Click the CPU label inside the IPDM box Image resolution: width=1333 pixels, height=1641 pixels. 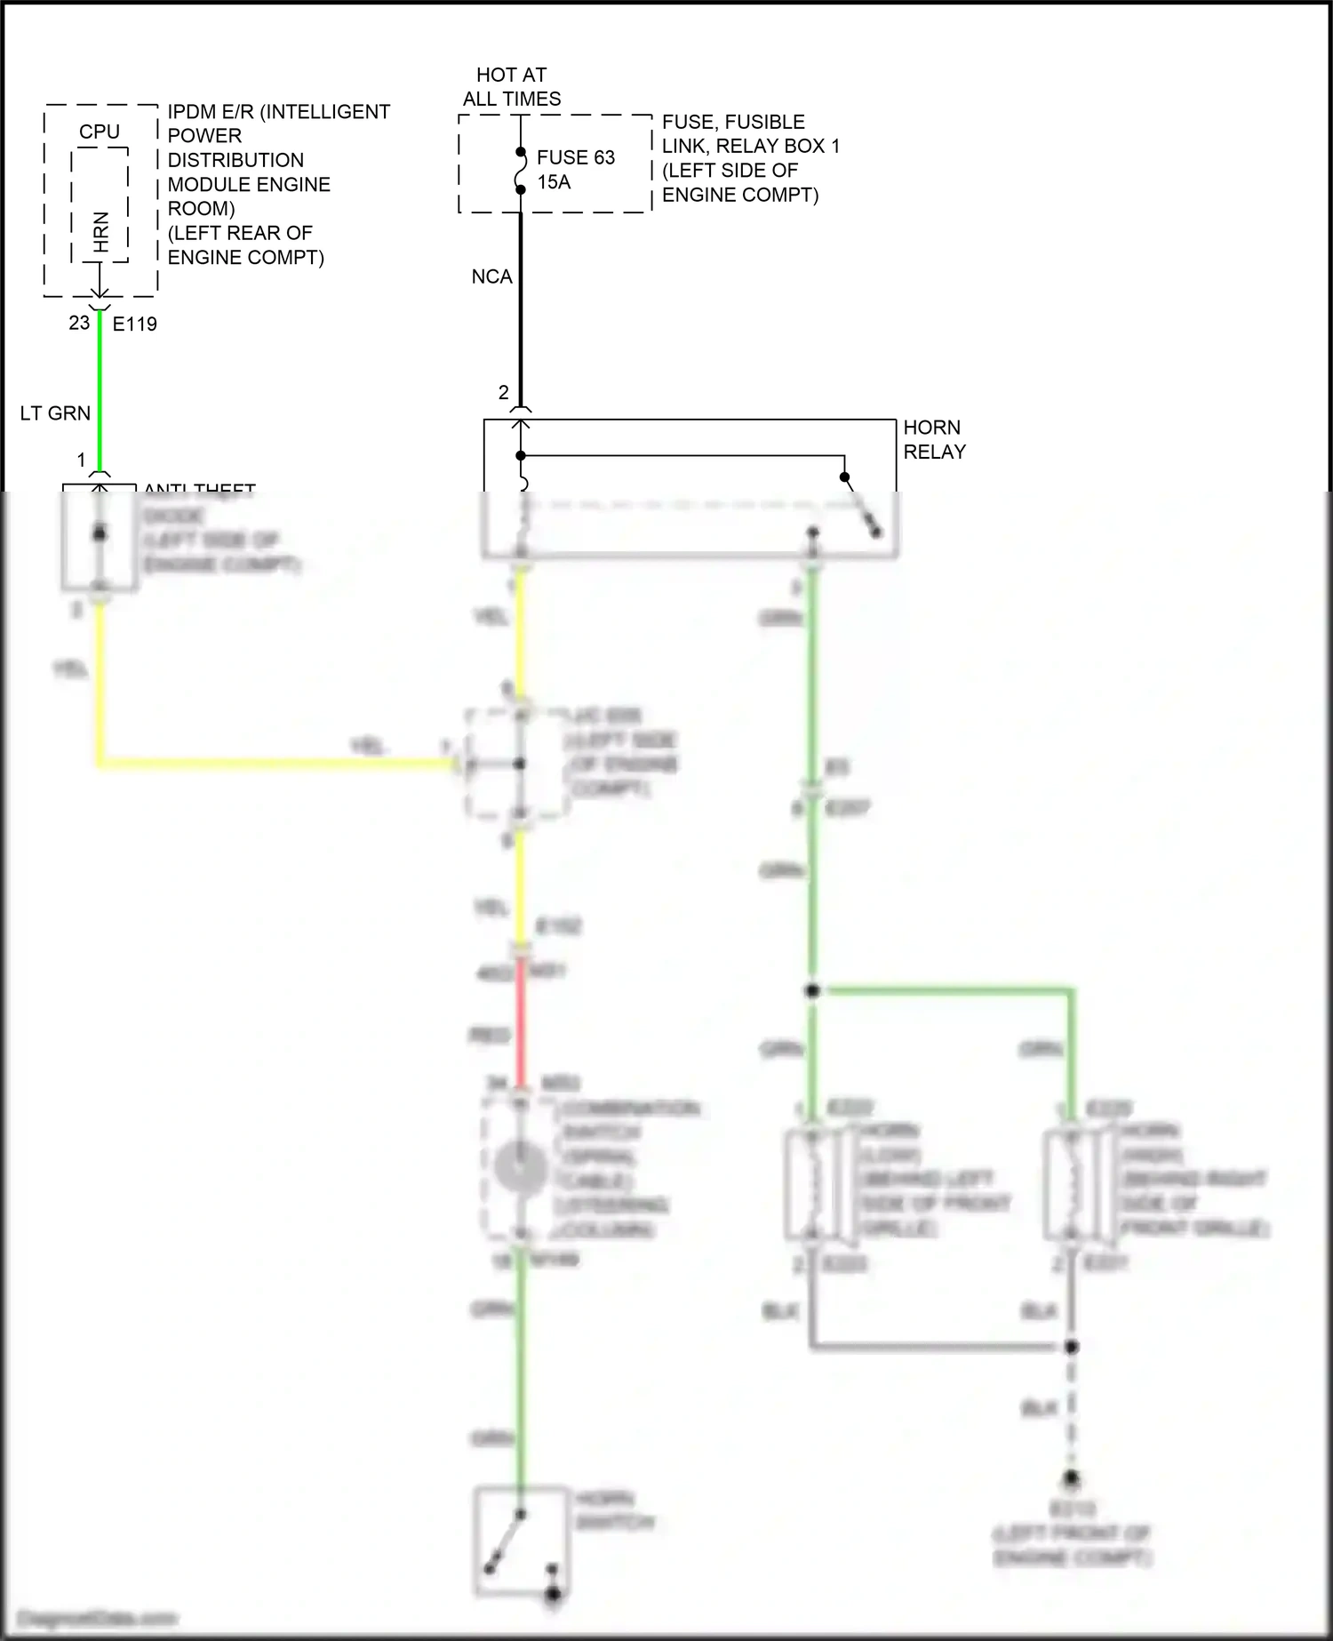[x=99, y=132]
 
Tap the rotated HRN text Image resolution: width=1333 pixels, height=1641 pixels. [x=100, y=231]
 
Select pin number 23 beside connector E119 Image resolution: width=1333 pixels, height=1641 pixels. [x=79, y=323]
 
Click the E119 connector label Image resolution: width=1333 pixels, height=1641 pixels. [x=135, y=324]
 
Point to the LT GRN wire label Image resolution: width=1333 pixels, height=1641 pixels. [x=55, y=413]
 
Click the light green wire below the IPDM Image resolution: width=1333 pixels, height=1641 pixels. [x=100, y=391]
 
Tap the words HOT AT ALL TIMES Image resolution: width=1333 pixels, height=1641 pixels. [x=512, y=87]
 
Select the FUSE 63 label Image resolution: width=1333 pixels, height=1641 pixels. [x=576, y=157]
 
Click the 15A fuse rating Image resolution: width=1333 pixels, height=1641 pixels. [x=554, y=182]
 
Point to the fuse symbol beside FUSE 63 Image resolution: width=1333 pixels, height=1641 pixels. [x=521, y=171]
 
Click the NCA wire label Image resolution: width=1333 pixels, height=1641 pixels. [x=491, y=277]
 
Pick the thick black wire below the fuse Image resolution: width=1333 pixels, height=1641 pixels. [x=521, y=311]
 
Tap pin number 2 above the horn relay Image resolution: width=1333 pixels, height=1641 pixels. [x=504, y=392]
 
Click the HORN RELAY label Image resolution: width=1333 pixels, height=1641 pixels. [x=934, y=439]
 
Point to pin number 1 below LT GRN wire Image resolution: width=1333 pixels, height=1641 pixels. [x=82, y=460]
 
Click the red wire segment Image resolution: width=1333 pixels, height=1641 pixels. [x=521, y=1022]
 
